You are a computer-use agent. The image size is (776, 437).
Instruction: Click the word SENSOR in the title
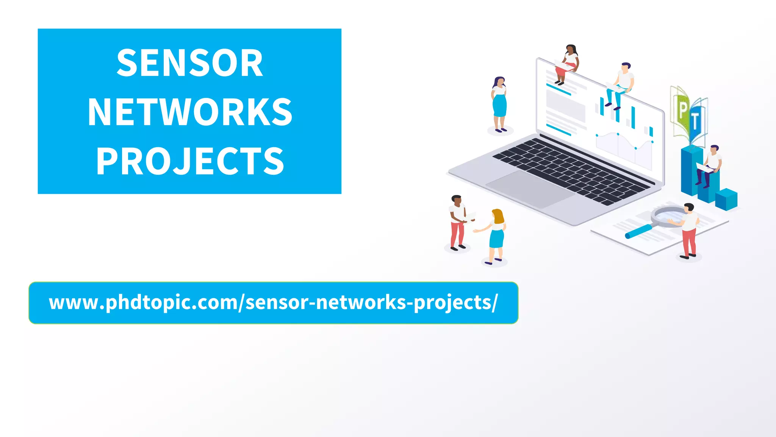click(189, 63)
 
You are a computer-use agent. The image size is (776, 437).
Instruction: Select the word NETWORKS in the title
click(189, 112)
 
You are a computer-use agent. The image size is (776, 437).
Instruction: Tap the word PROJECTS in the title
click(189, 161)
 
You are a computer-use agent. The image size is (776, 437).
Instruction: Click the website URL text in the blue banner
click(273, 303)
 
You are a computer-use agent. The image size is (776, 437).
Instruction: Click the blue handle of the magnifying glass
click(638, 231)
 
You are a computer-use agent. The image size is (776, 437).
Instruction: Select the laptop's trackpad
click(530, 189)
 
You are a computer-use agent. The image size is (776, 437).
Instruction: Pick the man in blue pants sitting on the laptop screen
click(621, 85)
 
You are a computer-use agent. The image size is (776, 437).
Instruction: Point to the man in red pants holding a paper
click(458, 222)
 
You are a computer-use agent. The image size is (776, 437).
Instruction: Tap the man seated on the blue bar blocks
click(710, 165)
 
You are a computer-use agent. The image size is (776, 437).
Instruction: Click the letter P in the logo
click(682, 110)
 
